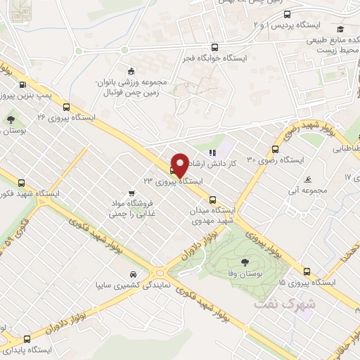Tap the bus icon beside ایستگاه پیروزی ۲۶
[66, 108]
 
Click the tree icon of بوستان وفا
[244, 262]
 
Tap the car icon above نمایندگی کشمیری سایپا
[133, 274]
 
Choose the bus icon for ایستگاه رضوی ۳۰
[275, 148]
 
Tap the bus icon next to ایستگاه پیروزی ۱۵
[307, 271]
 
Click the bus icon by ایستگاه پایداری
[27, 338]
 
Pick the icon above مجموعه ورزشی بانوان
[131, 70]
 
